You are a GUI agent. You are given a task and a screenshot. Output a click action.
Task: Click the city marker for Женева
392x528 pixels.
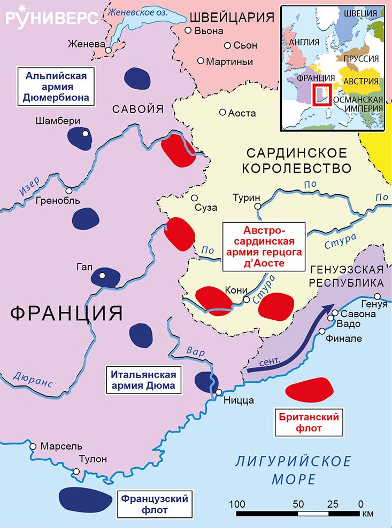click(x=109, y=50)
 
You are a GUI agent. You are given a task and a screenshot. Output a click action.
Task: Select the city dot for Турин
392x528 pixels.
click(x=257, y=206)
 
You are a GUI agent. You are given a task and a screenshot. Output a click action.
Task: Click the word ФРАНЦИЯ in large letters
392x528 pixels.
click(x=66, y=312)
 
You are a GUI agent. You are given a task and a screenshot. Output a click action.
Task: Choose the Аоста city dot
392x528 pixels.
click(x=222, y=113)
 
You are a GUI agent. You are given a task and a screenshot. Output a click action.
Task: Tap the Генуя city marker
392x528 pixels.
click(x=378, y=296)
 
